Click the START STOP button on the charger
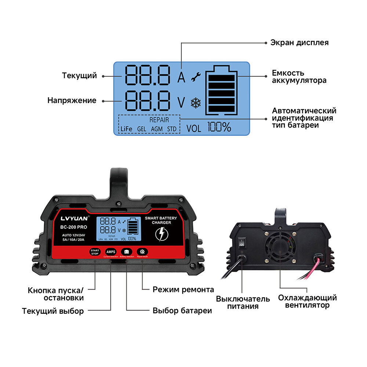click(x=95, y=252)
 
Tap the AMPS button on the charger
click(x=110, y=252)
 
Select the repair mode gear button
click(x=142, y=252)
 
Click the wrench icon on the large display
click(x=196, y=77)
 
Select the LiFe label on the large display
click(x=126, y=129)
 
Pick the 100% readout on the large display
click(x=219, y=127)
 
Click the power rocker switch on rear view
click(x=242, y=243)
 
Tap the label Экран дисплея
click(x=299, y=43)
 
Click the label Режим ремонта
click(x=183, y=290)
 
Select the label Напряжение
click(x=72, y=101)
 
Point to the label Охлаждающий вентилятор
click(x=307, y=301)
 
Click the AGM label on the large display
click(x=157, y=129)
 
